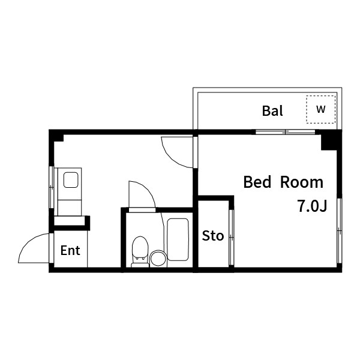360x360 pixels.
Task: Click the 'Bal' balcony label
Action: coord(272,111)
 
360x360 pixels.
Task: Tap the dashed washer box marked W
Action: coord(321,109)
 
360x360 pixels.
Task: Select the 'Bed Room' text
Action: coord(283,182)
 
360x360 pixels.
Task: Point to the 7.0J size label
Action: coord(311,206)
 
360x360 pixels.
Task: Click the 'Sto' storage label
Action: coord(212,236)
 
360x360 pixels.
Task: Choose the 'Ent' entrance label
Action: coord(70,251)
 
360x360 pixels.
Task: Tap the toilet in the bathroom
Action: coord(140,250)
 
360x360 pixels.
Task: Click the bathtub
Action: coord(178,239)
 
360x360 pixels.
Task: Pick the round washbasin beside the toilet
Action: coord(158,258)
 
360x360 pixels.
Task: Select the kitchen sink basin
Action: coord(71,180)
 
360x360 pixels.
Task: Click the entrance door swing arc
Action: coord(35,248)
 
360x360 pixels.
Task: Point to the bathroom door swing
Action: coord(140,194)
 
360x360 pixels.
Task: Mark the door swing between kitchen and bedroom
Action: coord(178,151)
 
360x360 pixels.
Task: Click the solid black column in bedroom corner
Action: coord(329,142)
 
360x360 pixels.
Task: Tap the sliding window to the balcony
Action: coord(286,131)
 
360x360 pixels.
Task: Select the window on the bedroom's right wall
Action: coord(340,231)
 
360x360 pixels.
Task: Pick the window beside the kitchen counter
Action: coord(51,186)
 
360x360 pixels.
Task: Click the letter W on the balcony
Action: coord(321,109)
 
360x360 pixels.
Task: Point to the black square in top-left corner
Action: coord(57,136)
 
